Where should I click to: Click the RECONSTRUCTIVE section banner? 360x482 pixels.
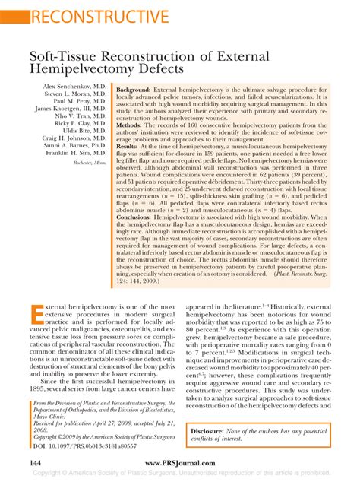pyautogui.click(x=90, y=16)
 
